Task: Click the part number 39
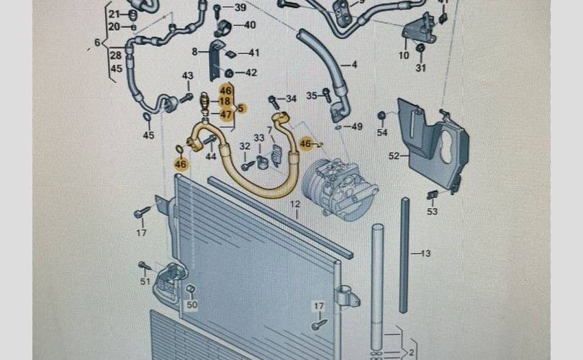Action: (240, 8)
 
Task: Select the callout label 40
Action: (249, 25)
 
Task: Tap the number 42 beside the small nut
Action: (250, 73)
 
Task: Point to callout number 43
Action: (188, 76)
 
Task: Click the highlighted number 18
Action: (225, 102)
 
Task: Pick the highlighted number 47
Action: (226, 114)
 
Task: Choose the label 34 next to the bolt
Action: (291, 99)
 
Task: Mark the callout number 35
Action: (312, 95)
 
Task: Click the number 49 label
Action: (357, 127)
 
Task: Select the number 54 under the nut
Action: (381, 132)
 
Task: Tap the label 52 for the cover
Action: (394, 156)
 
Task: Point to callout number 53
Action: (432, 212)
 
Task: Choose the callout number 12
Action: (294, 205)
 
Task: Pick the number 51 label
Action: (145, 281)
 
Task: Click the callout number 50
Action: (191, 306)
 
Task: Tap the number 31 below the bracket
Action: (420, 68)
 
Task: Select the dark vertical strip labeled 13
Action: (405, 238)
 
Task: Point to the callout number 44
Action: (211, 156)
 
